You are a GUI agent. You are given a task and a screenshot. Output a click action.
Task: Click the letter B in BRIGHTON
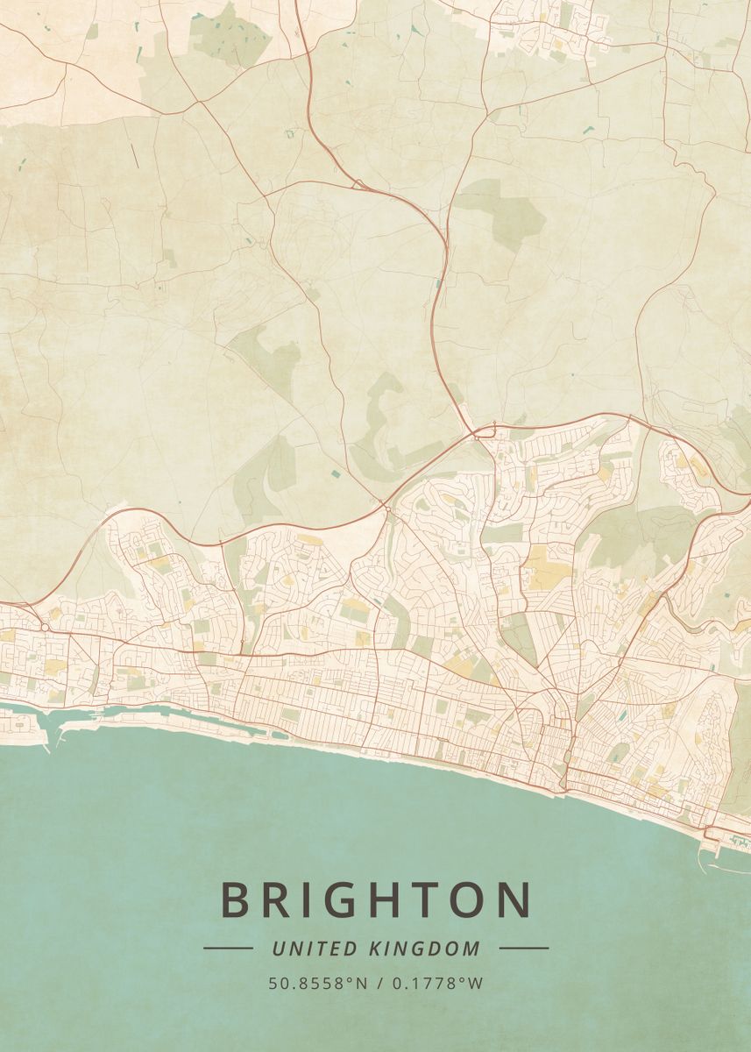(236, 899)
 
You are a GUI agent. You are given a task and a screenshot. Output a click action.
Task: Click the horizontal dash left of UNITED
(228, 948)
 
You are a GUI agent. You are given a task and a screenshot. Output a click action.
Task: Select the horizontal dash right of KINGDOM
(524, 948)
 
